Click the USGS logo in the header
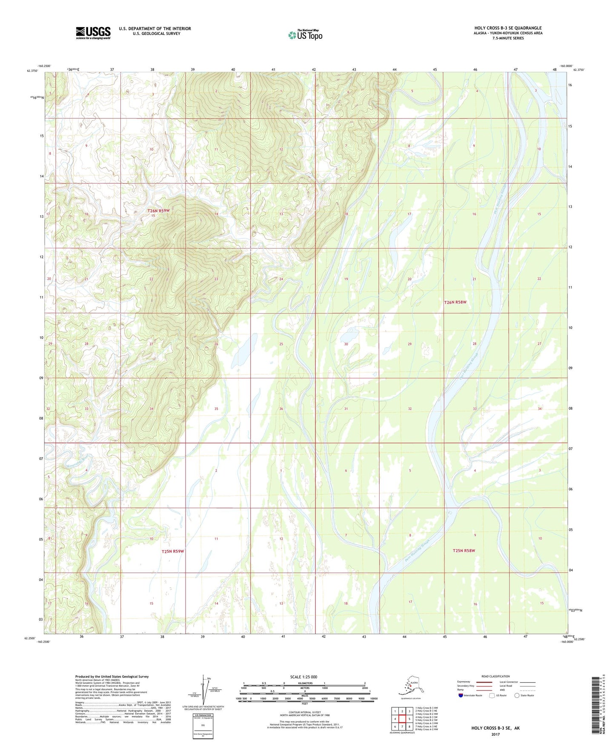pos(93,33)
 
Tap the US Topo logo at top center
pos(305,35)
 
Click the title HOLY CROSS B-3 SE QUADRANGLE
pos(508,28)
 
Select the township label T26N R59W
pos(158,211)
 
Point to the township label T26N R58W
pos(455,302)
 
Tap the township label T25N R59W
pos(172,551)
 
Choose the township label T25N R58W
pos(463,550)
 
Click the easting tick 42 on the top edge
pos(314,69)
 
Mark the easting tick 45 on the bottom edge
pos(444,637)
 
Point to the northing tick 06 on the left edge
pos(41,499)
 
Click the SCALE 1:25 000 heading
pos(303,677)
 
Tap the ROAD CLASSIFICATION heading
pos(495,676)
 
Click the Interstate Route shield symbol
pos(461,695)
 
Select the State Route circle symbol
pos(517,695)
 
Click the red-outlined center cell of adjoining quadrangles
pos(402,719)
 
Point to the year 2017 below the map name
pos(495,734)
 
